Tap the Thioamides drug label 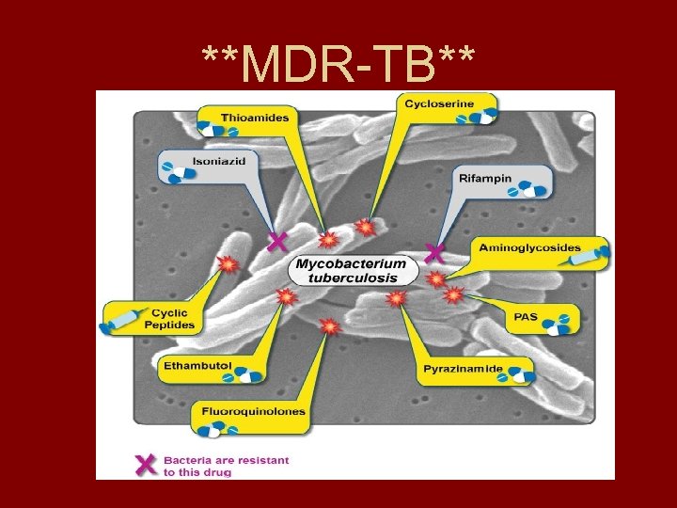coord(255,118)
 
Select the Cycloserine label coord(438,103)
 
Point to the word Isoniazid coord(219,161)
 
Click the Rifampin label coord(485,177)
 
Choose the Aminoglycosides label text coord(529,247)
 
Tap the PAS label coord(526,317)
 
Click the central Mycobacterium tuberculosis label coord(352,270)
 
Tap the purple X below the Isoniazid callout coord(276,243)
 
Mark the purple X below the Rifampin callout coord(433,252)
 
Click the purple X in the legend coord(146,465)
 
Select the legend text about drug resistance coord(226,466)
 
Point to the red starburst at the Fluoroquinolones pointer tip coord(329,326)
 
